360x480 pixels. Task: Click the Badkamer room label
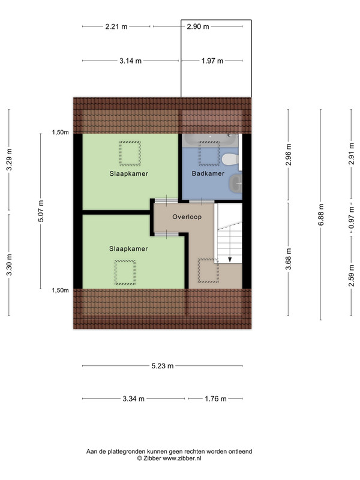coord(208,173)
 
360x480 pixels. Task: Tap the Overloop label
coord(187,217)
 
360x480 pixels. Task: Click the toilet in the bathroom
coord(230,160)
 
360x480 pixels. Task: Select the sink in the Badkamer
coord(235,184)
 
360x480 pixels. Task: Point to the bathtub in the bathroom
coord(210,140)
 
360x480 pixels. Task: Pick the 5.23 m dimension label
coord(163,366)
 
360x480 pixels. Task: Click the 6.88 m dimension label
coord(321,215)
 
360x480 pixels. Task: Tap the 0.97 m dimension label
coord(352,218)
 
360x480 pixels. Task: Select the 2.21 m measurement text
coord(116,26)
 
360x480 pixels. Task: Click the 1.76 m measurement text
coord(215,399)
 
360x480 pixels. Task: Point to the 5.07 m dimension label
coord(41,211)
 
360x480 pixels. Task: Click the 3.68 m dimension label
coord(288,259)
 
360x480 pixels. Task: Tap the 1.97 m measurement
coord(212,61)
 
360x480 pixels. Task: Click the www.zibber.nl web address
coord(182,458)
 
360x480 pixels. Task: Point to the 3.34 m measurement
coord(133,399)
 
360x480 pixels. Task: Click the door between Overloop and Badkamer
coord(202,202)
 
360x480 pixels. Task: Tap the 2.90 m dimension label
coord(198,26)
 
